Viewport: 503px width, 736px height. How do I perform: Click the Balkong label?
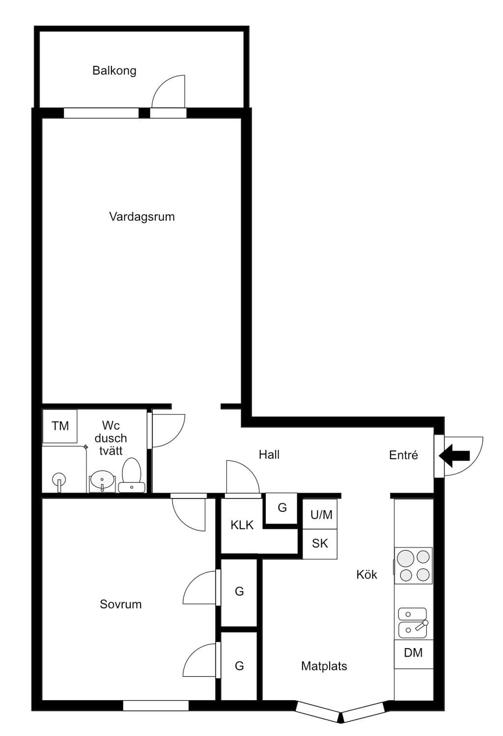pyautogui.click(x=114, y=71)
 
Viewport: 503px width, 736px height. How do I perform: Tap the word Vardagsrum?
pyautogui.click(x=142, y=217)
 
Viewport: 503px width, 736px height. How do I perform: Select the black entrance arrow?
pyautogui.click(x=454, y=455)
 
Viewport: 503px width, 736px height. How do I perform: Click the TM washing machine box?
pyautogui.click(x=60, y=426)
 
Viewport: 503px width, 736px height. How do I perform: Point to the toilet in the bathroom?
pyautogui.click(x=132, y=475)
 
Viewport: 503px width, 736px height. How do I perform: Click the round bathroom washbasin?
pyautogui.click(x=102, y=481)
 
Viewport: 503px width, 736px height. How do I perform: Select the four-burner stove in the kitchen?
pyautogui.click(x=413, y=565)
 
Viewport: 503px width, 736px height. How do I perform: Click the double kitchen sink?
pyautogui.click(x=413, y=623)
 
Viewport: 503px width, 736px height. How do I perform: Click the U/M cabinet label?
pyautogui.click(x=321, y=515)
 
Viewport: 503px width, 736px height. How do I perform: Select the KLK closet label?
pyautogui.click(x=242, y=525)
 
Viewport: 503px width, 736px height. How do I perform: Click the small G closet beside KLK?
pyautogui.click(x=281, y=508)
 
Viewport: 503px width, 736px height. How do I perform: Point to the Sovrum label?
pyautogui.click(x=121, y=604)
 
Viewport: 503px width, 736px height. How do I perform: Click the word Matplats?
pyautogui.click(x=324, y=666)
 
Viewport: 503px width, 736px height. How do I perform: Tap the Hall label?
pyautogui.click(x=269, y=455)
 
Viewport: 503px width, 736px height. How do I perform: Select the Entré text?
pyautogui.click(x=403, y=455)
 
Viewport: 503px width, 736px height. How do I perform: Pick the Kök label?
pyautogui.click(x=367, y=575)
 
